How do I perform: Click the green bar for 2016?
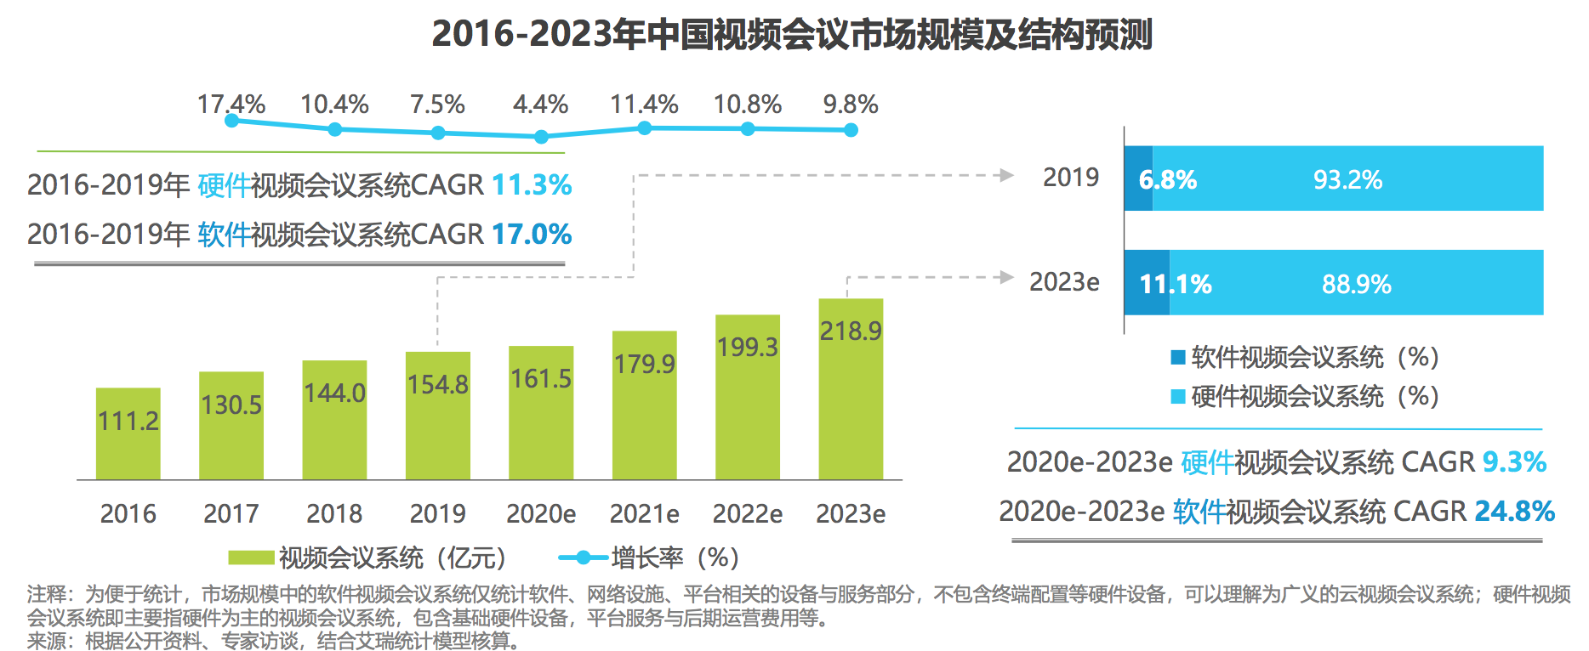tap(128, 433)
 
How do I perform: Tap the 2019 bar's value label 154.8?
tap(437, 385)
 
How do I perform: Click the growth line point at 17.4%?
tap(231, 121)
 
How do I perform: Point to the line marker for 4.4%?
tap(541, 136)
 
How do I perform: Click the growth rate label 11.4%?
tap(644, 105)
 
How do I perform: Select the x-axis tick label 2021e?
tap(644, 513)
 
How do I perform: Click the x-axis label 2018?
tap(334, 513)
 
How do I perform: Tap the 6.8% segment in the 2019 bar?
tap(1138, 178)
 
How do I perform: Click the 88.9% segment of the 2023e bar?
tap(1356, 283)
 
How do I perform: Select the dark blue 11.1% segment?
tap(1147, 283)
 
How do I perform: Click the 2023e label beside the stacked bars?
tap(1064, 281)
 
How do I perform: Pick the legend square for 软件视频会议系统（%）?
tap(1178, 357)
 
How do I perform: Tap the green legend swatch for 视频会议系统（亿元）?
tap(251, 558)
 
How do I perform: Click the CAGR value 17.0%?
tap(532, 234)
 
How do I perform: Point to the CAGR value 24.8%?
tap(1514, 511)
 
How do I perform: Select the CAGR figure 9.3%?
tap(1514, 461)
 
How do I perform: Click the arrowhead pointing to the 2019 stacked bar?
tap(1007, 175)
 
